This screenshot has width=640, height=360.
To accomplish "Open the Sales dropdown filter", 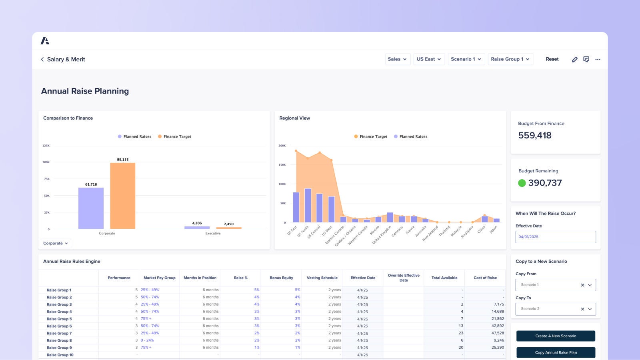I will [x=397, y=59].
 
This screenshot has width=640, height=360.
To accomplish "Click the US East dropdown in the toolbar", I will [x=429, y=59].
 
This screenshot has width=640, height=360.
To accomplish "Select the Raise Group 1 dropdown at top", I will [x=510, y=59].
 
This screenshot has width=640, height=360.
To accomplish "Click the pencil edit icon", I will [x=574, y=59].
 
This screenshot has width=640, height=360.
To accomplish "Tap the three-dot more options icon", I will [x=598, y=59].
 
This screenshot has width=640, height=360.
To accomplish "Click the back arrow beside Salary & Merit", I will [x=42, y=59].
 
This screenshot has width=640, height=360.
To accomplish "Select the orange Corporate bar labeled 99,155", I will [x=123, y=196].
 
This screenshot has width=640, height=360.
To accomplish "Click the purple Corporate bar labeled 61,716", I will [x=91, y=208].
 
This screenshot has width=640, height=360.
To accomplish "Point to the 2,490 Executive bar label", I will [x=229, y=224].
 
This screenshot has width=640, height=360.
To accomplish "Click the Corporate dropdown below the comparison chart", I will [x=56, y=243].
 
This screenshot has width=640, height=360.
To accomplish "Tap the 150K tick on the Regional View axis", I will [x=282, y=165].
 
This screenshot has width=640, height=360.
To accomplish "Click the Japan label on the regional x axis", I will [x=493, y=229].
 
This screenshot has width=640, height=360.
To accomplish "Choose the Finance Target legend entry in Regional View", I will [x=370, y=137].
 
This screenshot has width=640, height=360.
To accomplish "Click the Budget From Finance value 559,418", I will [x=535, y=136].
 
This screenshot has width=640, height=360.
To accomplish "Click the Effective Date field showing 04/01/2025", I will [x=555, y=237].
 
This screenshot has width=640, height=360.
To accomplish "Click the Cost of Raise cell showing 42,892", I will [x=498, y=326].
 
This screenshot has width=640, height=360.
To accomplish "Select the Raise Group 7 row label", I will [x=59, y=333].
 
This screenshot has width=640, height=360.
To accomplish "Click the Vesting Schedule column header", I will [x=322, y=278].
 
